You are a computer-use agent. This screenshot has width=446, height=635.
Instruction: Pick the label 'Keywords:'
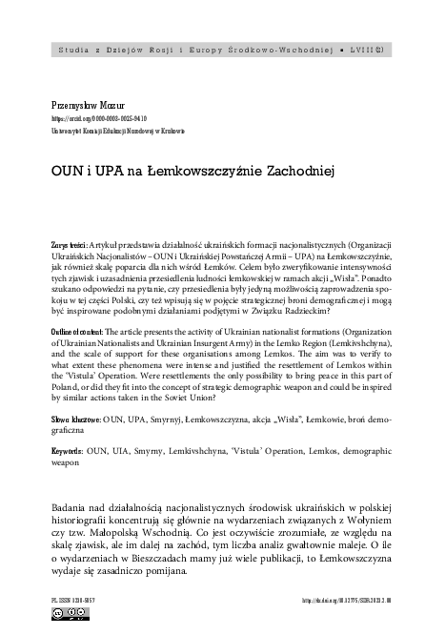[71, 448]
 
